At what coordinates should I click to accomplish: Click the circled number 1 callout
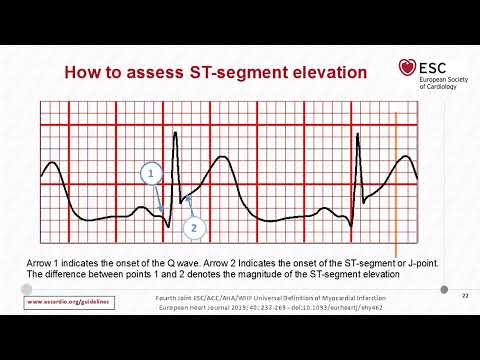150,175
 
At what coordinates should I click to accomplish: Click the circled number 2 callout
193,227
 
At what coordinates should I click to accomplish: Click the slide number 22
464,295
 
